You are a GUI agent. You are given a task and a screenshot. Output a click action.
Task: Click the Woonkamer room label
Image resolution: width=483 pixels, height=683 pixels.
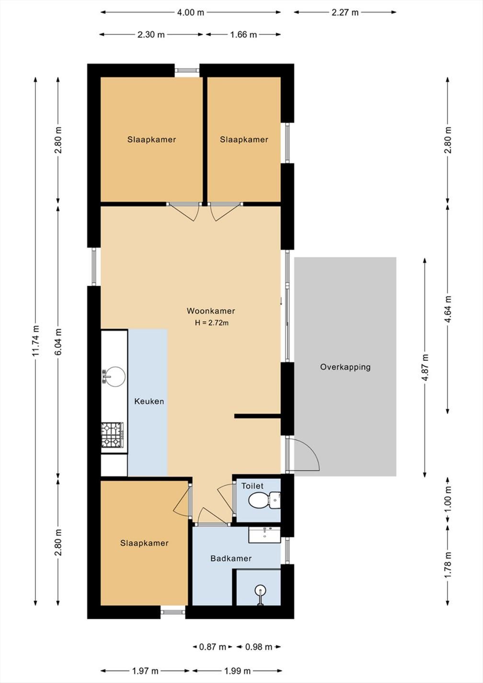(x=211, y=311)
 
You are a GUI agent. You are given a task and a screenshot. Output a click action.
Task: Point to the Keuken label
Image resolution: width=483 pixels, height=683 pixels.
(x=149, y=401)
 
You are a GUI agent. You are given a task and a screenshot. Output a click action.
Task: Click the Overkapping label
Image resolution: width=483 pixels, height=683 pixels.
(x=345, y=367)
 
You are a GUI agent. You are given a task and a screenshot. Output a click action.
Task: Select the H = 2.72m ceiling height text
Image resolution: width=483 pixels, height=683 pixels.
(x=212, y=323)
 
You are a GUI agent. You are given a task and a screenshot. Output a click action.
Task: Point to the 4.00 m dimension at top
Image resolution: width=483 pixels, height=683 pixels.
(x=190, y=12)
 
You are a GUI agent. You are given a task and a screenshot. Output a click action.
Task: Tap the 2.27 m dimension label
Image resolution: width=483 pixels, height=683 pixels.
(x=345, y=12)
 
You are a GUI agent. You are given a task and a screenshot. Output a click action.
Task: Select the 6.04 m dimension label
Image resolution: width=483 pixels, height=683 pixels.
(x=58, y=341)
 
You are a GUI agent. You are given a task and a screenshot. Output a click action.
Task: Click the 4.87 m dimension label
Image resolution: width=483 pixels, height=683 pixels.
(x=425, y=367)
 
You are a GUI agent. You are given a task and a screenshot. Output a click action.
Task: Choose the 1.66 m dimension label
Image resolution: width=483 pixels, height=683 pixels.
(x=243, y=35)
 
